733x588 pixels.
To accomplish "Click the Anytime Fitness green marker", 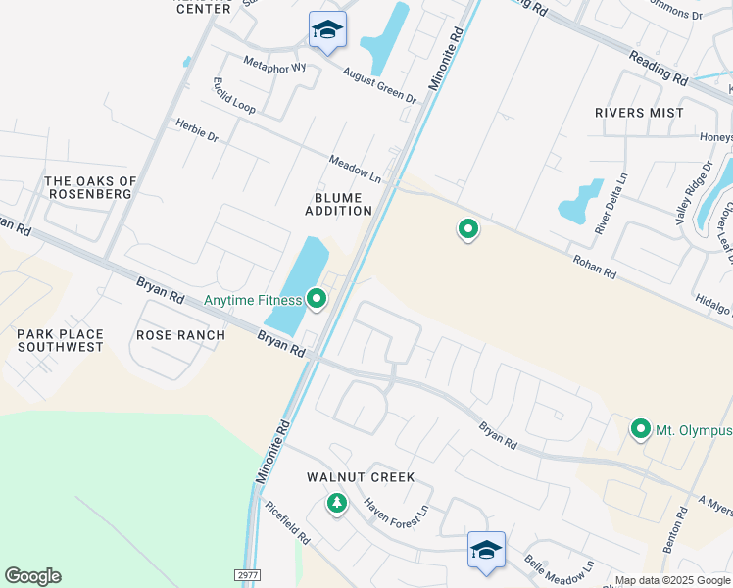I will (316, 299).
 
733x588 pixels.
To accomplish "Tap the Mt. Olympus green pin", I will (641, 429).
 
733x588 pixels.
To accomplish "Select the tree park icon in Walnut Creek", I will (337, 504).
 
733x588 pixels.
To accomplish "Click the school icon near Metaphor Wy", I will (327, 30).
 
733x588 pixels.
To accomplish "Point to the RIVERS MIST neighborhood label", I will (639, 113).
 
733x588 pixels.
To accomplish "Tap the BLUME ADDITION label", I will (338, 204).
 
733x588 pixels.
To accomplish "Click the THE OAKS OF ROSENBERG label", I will (90, 187).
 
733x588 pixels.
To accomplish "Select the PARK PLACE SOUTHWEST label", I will (60, 341).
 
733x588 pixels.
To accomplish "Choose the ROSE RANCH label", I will (180, 335).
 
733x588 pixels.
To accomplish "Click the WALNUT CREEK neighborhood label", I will (361, 477).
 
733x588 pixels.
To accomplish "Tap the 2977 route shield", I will (249, 575).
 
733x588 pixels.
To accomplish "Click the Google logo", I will (32, 576).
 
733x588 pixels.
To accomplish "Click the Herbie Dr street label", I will (197, 129).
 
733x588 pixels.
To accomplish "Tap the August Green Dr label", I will (379, 85).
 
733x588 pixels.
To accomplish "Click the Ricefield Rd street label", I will (288, 525).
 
